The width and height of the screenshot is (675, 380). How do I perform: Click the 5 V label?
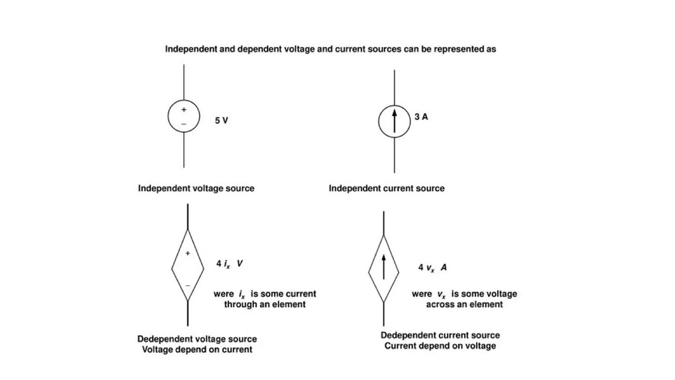221,120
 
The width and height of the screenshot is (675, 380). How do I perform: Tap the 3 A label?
421,117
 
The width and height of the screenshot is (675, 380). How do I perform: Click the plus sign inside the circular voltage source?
184,110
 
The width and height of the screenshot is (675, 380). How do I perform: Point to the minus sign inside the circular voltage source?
184,124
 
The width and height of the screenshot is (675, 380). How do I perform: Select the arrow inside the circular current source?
394,121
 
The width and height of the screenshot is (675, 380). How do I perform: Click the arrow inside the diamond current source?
384,268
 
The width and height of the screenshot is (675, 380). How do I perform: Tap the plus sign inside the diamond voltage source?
188,253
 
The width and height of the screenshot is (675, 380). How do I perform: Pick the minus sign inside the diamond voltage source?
188,285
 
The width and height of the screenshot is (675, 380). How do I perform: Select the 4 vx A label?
432,268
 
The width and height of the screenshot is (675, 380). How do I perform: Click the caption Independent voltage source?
196,188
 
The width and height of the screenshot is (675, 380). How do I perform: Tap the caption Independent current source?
387,188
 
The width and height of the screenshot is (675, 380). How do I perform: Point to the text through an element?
265,304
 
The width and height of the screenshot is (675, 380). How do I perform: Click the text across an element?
464,304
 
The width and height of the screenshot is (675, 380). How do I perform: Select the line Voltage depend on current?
197,350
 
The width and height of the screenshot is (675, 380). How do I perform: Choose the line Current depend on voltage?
440,346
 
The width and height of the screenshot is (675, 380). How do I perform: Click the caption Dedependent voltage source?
197,339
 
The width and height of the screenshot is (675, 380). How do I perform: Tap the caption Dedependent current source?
440,335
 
